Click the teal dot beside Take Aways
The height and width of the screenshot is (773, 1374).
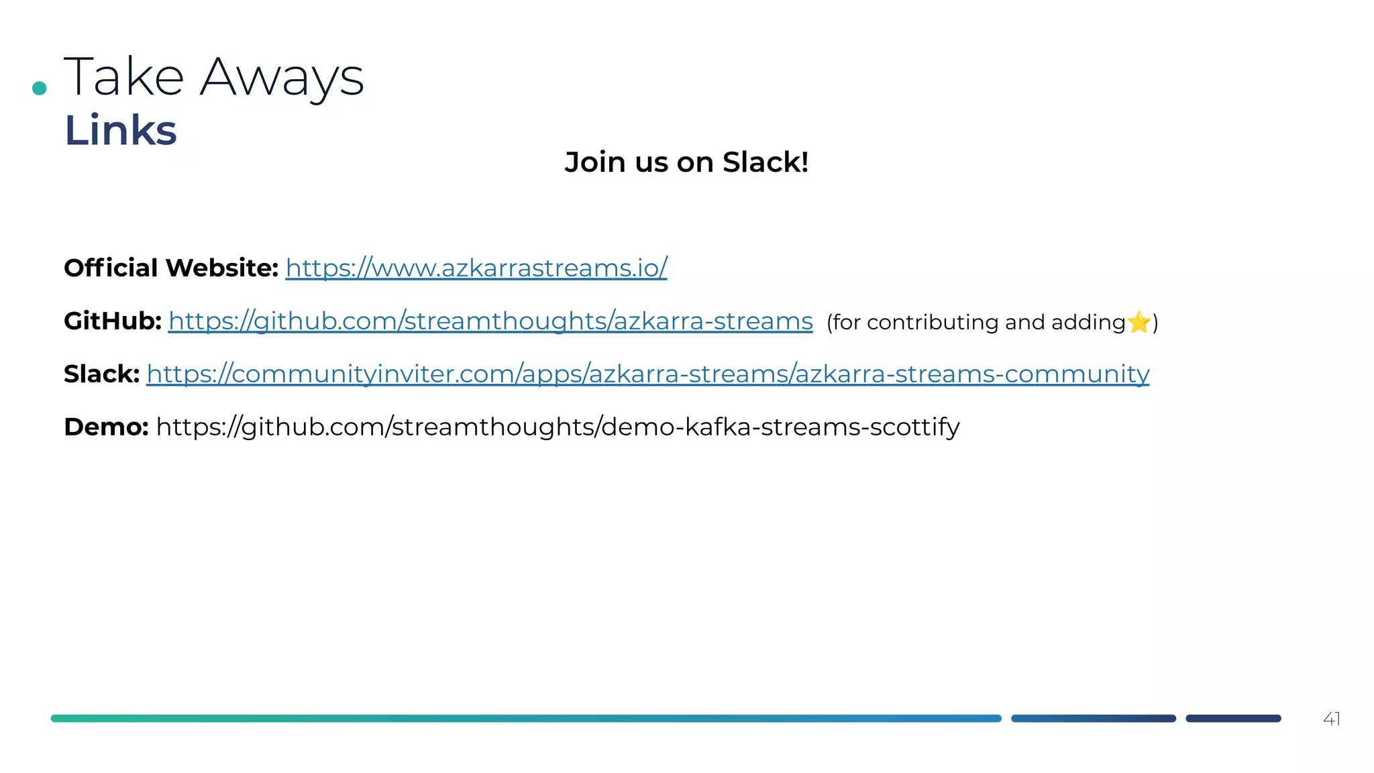point(40,88)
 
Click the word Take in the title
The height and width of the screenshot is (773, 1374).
point(124,77)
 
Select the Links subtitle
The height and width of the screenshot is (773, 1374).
point(121,130)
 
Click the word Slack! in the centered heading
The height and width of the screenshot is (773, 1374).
point(765,162)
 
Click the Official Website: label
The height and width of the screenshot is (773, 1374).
point(171,268)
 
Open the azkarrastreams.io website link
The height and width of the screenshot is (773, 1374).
point(476,268)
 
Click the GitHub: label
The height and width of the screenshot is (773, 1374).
point(113,321)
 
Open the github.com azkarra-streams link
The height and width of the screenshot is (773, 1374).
point(490,321)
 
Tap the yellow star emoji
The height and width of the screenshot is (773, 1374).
point(1139,322)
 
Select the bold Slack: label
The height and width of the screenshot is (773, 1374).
point(101,374)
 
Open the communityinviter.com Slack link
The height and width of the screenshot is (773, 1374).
point(647,374)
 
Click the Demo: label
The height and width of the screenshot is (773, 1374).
point(106,427)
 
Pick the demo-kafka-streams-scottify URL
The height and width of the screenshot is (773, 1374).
point(558,427)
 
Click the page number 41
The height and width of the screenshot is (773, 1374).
point(1331,719)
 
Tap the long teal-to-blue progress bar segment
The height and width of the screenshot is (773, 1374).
point(526,719)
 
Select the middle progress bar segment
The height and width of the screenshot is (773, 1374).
point(1094,719)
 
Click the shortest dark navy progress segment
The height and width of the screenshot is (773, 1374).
point(1233,719)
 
